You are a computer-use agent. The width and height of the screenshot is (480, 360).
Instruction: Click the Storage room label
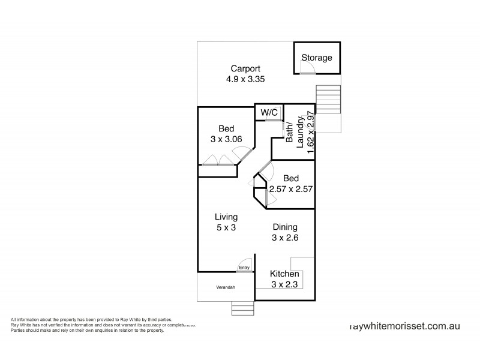pyautogui.click(x=317, y=58)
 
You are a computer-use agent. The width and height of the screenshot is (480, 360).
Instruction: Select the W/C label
pyautogui.click(x=268, y=112)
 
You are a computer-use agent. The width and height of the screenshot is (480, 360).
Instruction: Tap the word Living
pyautogui.click(x=226, y=217)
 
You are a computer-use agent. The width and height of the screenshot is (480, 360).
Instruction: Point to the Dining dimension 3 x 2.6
pyautogui.click(x=285, y=238)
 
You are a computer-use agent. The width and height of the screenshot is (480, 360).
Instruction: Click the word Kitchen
pyautogui.click(x=284, y=274)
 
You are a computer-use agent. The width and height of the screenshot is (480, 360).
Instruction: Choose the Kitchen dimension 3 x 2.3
pyautogui.click(x=284, y=284)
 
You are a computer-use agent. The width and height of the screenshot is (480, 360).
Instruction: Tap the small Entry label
pyautogui.click(x=244, y=268)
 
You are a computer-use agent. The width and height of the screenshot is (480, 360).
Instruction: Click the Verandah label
pyautogui.click(x=226, y=288)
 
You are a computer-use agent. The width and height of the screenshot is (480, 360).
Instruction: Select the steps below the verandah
pyautogui.click(x=243, y=308)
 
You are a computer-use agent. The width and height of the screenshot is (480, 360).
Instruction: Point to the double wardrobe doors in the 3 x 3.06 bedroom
pyautogui.click(x=218, y=160)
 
